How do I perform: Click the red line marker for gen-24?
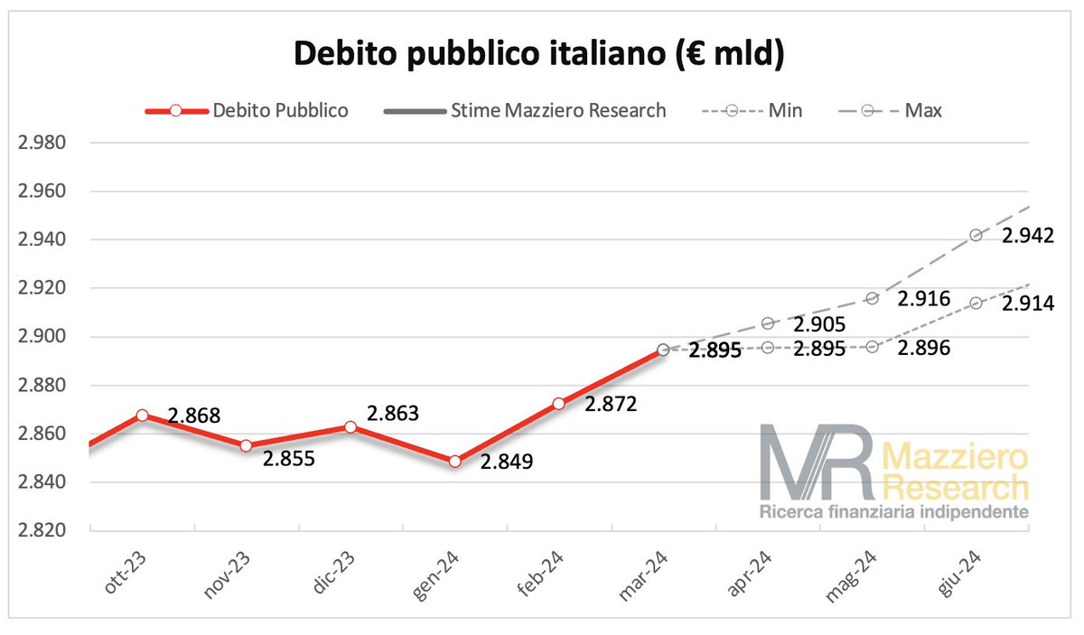(x=454, y=462)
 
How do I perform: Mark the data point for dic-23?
(x=350, y=427)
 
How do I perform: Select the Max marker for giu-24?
(x=976, y=235)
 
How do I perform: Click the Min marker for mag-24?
(x=872, y=347)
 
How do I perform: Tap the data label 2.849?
(x=507, y=462)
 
